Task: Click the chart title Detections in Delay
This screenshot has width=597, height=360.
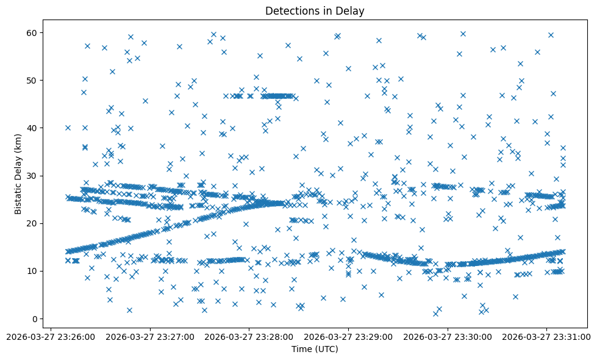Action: (x=315, y=10)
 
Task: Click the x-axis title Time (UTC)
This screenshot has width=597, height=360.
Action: (x=315, y=350)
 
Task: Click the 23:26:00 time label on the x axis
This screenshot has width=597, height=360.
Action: (x=51, y=336)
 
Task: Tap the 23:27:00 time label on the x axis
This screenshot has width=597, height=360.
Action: (x=150, y=336)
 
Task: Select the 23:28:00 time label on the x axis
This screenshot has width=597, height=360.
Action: (x=249, y=336)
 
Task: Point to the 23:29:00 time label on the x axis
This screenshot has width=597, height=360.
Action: (x=348, y=336)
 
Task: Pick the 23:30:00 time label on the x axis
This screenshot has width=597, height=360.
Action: (x=448, y=336)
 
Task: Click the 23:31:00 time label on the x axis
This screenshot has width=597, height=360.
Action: (x=546, y=336)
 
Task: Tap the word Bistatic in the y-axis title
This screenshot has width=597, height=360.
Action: (x=18, y=193)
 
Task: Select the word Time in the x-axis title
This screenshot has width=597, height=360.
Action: (x=302, y=350)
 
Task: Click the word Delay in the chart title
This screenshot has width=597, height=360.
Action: (x=352, y=10)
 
